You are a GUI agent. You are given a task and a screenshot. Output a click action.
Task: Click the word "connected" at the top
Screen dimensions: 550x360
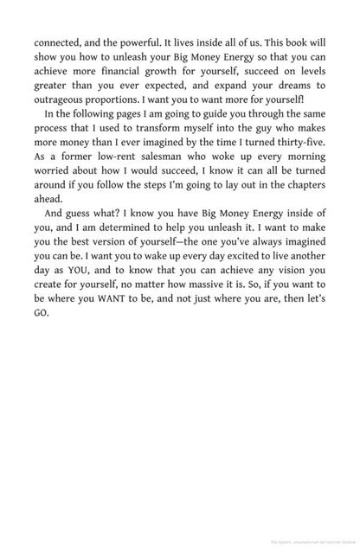click(59, 39)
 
